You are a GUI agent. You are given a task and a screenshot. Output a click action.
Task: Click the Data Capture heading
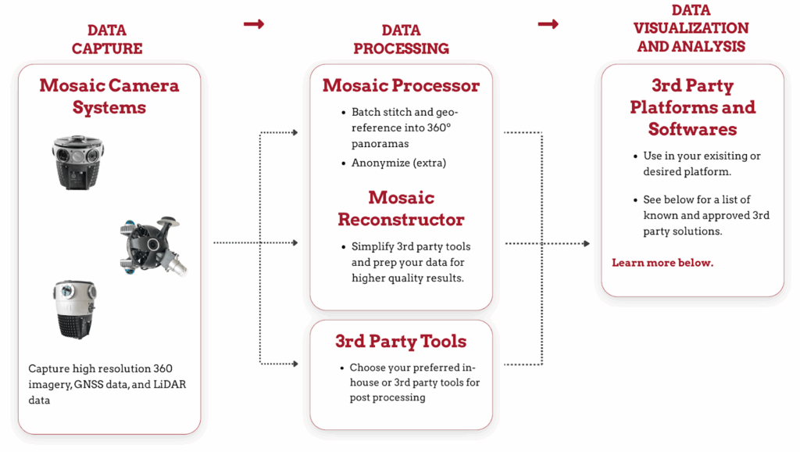pyautogui.click(x=107, y=39)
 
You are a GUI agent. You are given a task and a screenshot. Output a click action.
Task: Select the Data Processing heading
pyautogui.click(x=401, y=39)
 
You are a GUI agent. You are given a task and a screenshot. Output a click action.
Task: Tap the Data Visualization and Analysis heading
pyautogui.click(x=691, y=28)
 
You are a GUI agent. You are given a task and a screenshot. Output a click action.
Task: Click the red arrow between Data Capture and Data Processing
pyautogui.click(x=254, y=24)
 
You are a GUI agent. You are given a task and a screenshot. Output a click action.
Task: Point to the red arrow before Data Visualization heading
pyautogui.click(x=548, y=24)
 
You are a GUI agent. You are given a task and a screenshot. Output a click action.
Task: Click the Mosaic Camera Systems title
pyautogui.click(x=109, y=95)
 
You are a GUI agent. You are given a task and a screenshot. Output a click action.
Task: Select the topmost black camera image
pyautogui.click(x=74, y=161)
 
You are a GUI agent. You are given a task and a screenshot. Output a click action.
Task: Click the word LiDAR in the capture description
pyautogui.click(x=168, y=384)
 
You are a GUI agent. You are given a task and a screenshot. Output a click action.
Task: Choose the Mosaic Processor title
pyautogui.click(x=401, y=85)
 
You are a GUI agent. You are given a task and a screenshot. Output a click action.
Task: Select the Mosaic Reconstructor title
pyautogui.click(x=401, y=208)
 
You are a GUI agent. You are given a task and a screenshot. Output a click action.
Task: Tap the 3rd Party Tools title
pyautogui.click(x=401, y=341)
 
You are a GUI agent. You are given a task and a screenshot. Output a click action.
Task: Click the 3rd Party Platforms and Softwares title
pyautogui.click(x=692, y=106)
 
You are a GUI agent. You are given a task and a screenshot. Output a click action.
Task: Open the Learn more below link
pyautogui.click(x=662, y=263)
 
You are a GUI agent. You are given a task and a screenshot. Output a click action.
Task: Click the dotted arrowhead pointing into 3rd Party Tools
pyautogui.click(x=295, y=363)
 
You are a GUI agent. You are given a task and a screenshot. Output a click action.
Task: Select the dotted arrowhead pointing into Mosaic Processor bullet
pyautogui.click(x=295, y=132)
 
